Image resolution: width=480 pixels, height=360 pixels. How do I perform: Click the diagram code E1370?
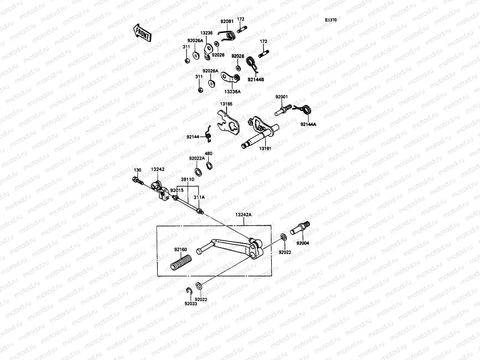click(x=331, y=20)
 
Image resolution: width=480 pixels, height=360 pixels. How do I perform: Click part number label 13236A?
click(x=232, y=92)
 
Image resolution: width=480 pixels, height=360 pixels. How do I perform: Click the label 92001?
click(x=282, y=97)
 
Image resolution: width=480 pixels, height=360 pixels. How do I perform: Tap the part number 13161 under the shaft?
click(x=265, y=148)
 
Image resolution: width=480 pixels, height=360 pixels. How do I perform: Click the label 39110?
click(x=187, y=179)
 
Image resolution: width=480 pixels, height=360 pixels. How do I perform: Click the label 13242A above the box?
click(x=243, y=215)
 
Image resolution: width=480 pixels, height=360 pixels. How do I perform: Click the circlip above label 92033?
click(x=189, y=291)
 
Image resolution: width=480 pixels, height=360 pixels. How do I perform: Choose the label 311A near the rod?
click(x=199, y=197)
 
